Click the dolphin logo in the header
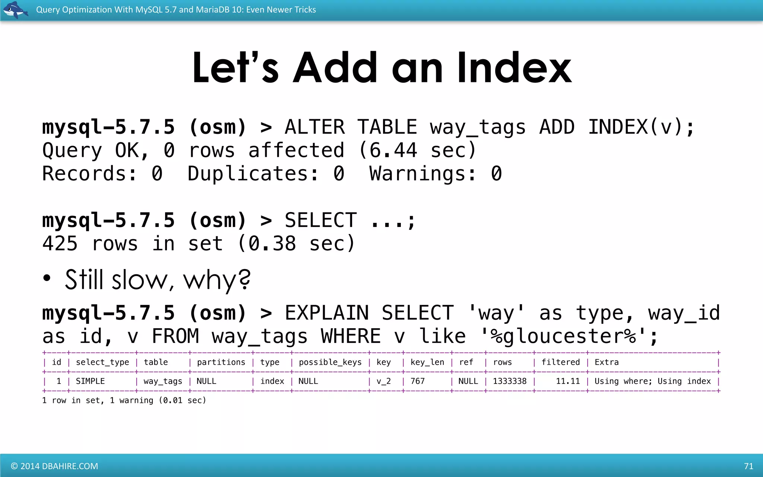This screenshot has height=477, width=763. point(15,10)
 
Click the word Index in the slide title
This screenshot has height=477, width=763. point(514,68)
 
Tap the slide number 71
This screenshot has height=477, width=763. point(748,466)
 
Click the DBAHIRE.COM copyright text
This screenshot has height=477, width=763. point(55,466)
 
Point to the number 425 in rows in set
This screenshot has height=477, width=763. point(60,244)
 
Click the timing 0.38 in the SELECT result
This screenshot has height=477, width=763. point(272,244)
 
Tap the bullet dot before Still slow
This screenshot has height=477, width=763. point(47,278)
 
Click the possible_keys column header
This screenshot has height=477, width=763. point(330,362)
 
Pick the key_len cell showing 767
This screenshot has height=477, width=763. point(418,381)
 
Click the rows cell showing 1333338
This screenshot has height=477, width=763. point(510,381)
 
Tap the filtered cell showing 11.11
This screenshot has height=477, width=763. point(568,381)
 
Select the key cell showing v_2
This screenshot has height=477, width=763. point(383,381)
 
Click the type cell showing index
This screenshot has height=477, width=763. point(272,381)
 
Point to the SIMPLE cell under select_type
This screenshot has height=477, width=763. point(90,381)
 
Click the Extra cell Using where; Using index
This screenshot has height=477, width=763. point(652,381)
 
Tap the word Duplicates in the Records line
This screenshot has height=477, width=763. point(253,174)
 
